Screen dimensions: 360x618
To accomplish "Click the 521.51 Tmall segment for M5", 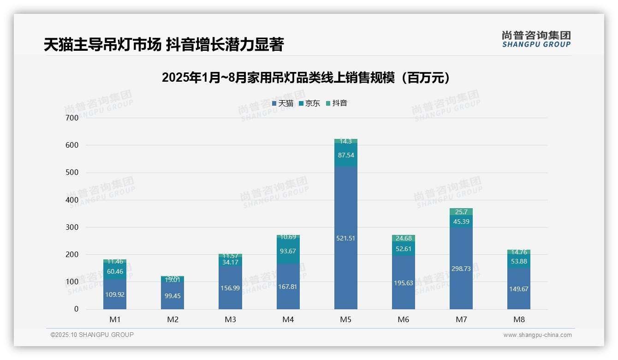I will [x=345, y=238].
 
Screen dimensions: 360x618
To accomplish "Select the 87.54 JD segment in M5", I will [x=345, y=155].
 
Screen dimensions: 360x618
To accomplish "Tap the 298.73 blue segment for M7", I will [x=461, y=268].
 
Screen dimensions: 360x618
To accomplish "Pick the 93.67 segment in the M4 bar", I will [x=288, y=251].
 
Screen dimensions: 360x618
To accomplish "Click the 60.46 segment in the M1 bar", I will [x=114, y=271].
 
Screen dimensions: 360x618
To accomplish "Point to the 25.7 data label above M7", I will [x=461, y=212].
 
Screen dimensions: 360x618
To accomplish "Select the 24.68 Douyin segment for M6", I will [x=403, y=238].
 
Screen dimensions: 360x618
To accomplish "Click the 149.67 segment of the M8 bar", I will [x=518, y=289].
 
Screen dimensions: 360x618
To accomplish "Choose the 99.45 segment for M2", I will [x=172, y=296].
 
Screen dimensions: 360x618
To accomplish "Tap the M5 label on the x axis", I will [x=345, y=319].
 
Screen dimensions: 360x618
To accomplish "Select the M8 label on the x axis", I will [x=518, y=319].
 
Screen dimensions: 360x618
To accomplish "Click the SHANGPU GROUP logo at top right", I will [x=536, y=39].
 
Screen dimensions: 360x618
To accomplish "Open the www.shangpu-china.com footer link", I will [x=537, y=335].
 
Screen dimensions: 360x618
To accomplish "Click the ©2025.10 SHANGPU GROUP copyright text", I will [x=92, y=335].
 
